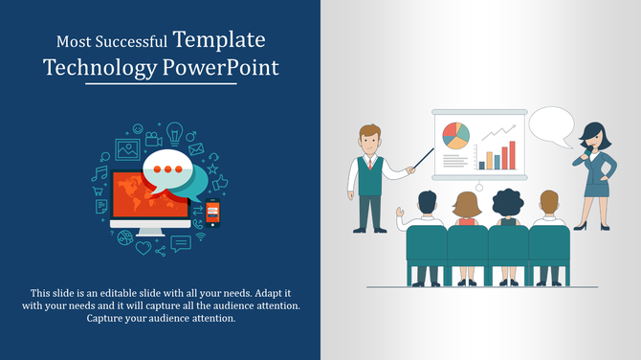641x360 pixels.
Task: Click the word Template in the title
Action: click(x=219, y=40)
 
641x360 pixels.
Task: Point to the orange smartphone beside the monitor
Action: click(x=212, y=213)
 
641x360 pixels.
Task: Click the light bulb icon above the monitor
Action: click(x=174, y=131)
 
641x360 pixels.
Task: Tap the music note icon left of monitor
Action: click(x=99, y=173)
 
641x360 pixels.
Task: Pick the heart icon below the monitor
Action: click(x=144, y=248)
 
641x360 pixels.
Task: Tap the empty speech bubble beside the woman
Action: click(x=551, y=126)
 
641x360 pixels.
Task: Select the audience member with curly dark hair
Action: click(x=506, y=202)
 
